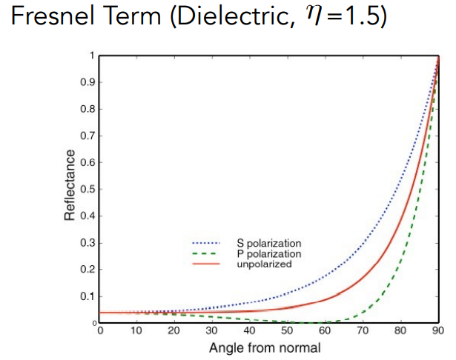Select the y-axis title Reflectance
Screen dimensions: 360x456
click(70, 185)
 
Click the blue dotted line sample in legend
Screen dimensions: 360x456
click(208, 243)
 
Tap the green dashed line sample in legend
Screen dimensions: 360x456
click(208, 253)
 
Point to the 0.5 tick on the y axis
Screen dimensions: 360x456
click(90, 189)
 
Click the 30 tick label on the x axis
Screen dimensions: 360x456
click(212, 330)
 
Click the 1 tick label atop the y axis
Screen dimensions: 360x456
click(93, 56)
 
